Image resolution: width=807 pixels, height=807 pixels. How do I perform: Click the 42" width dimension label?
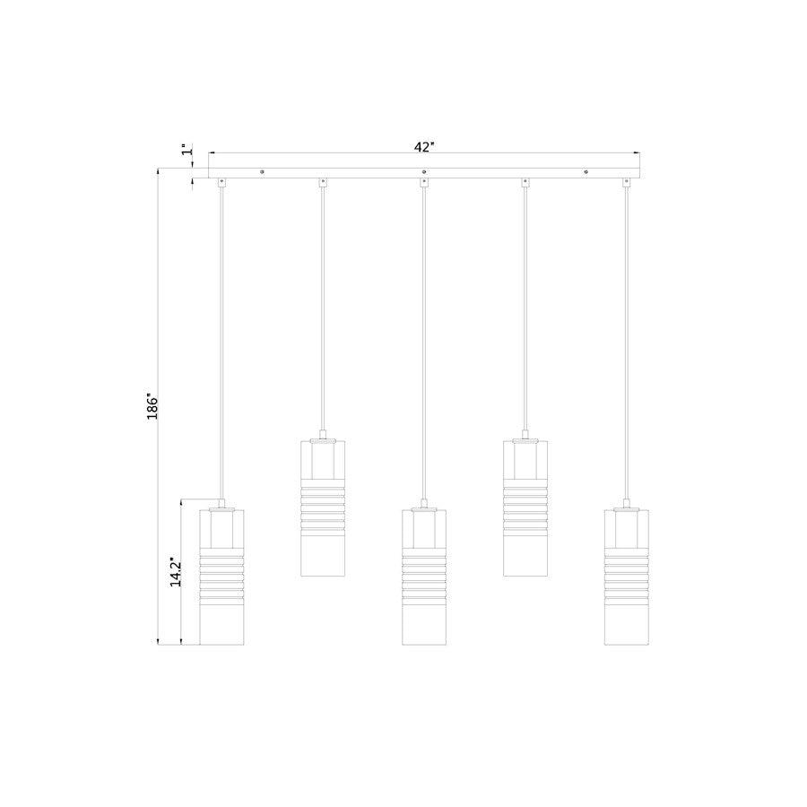click(x=424, y=145)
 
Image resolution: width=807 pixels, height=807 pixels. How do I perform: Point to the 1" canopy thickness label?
click(x=186, y=150)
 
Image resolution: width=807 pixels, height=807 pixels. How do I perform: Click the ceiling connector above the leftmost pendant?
click(x=221, y=183)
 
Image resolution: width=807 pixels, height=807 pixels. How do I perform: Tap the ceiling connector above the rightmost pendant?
click(x=627, y=183)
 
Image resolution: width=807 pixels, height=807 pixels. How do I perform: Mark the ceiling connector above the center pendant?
click(x=424, y=183)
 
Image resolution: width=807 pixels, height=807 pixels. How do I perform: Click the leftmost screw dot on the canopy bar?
click(x=261, y=170)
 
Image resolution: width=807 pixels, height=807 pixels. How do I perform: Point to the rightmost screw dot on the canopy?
click(x=586, y=170)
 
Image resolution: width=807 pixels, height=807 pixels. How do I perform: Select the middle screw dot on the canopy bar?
click(x=423, y=170)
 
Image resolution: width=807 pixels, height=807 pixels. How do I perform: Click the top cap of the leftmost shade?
click(x=221, y=508)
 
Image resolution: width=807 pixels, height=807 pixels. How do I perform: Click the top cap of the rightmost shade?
click(x=627, y=508)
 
